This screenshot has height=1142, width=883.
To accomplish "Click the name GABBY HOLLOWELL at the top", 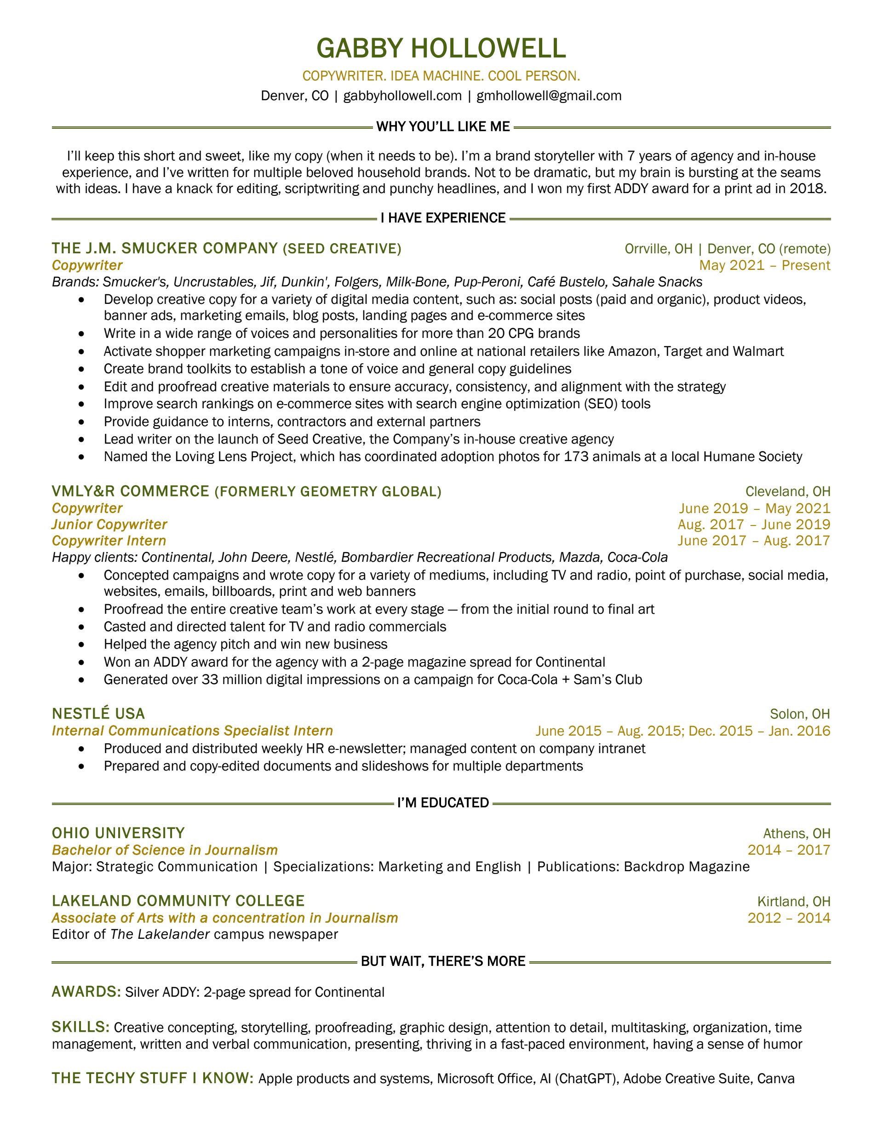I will [x=441, y=48].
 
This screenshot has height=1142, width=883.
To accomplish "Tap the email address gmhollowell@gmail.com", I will [x=549, y=96].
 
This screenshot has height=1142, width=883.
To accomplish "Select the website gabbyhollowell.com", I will [x=402, y=96].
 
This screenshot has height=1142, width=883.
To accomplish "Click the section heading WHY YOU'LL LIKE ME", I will [x=442, y=126].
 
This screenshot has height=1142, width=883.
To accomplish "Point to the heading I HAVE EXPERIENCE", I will [x=442, y=218].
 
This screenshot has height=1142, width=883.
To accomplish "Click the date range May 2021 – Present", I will [x=764, y=265].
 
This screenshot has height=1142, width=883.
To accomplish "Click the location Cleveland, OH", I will [x=787, y=491].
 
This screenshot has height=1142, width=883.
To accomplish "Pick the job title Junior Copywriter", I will [x=109, y=525].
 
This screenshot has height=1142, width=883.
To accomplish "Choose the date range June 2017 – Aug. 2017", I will [x=754, y=541].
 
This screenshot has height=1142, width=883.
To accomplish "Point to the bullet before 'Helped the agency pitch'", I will [x=81, y=644].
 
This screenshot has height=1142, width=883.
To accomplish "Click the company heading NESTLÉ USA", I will [x=98, y=714].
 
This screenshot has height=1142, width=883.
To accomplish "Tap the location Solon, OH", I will [x=800, y=714].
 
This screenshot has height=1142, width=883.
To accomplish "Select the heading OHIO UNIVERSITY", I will [x=118, y=833].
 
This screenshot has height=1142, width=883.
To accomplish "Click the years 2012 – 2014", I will [x=788, y=918].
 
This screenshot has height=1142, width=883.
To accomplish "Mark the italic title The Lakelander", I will [x=160, y=934].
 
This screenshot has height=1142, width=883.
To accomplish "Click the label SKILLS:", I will [x=80, y=1028].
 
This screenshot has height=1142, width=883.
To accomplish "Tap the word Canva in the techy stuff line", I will [x=775, y=1078].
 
